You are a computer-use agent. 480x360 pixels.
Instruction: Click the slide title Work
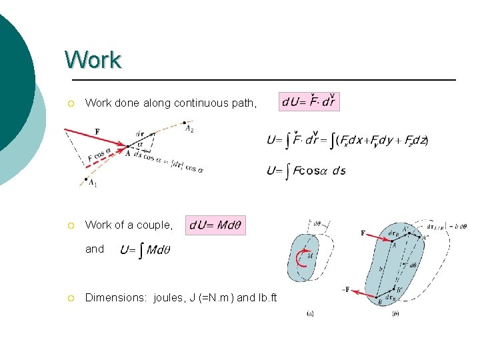click(93, 60)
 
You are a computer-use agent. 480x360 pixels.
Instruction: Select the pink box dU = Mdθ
click(216, 225)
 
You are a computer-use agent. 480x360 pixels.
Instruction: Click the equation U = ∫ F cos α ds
click(306, 171)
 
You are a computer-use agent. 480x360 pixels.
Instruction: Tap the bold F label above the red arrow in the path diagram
click(97, 131)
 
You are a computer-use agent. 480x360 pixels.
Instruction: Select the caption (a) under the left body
click(309, 314)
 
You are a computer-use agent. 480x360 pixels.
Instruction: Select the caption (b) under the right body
click(395, 314)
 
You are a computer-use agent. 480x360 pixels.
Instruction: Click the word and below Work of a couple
click(95, 249)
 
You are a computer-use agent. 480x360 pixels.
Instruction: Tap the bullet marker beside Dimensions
click(70, 298)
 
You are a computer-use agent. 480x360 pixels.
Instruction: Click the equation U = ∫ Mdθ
click(146, 251)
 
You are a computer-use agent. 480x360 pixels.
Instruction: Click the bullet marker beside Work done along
click(70, 103)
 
